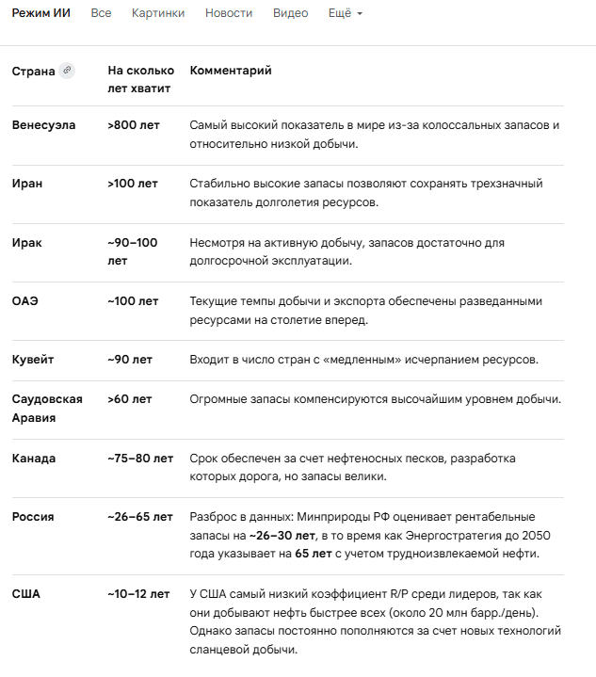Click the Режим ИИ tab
click(x=40, y=13)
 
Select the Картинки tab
click(x=158, y=13)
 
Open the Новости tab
click(x=229, y=13)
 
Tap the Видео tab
click(x=290, y=13)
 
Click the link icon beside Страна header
click(x=67, y=71)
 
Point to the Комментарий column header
click(x=231, y=71)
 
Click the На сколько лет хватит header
click(x=140, y=79)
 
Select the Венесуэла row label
click(x=43, y=125)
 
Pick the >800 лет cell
click(x=133, y=125)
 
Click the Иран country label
click(x=27, y=184)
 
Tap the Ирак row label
click(x=27, y=242)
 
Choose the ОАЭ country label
click(x=25, y=301)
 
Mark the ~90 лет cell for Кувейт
click(x=130, y=360)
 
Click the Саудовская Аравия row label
click(x=47, y=409)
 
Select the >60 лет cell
click(x=130, y=399)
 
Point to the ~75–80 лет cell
click(x=140, y=459)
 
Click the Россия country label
click(x=33, y=517)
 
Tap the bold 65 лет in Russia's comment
click(x=313, y=553)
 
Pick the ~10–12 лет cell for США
click(x=138, y=594)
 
